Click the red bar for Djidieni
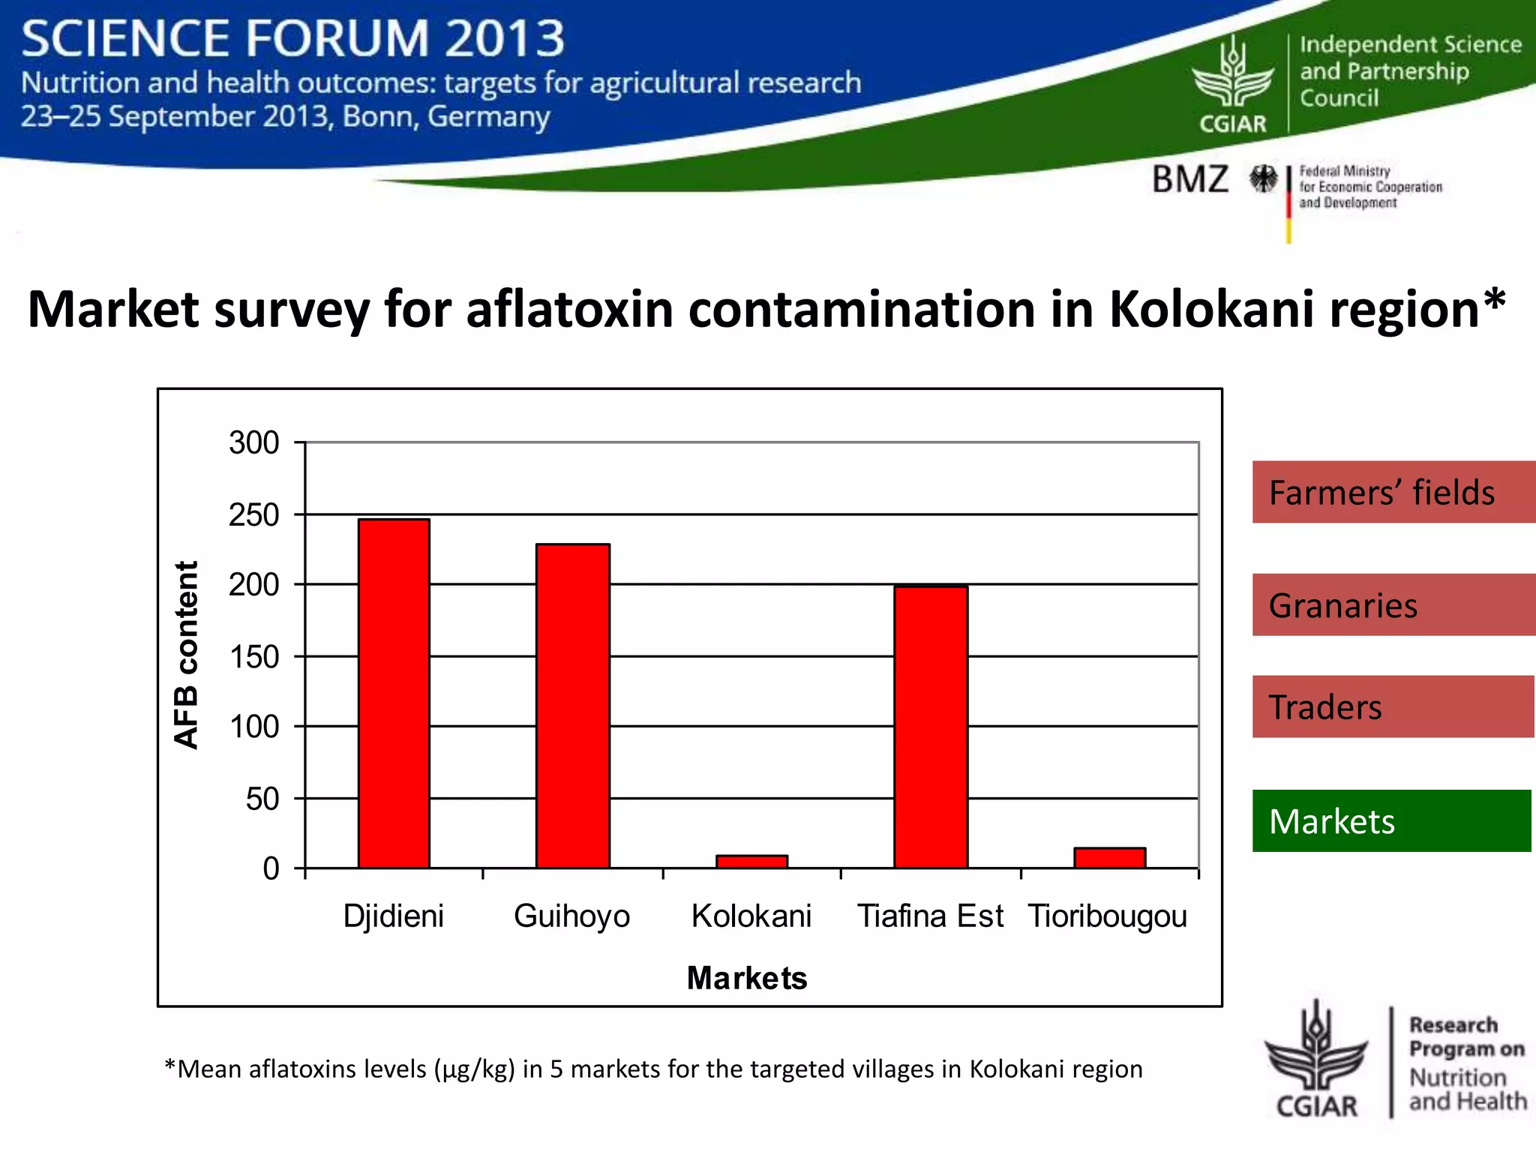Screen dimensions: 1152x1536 394,694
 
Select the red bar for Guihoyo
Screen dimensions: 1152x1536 572,706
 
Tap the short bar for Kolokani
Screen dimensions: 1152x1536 751,861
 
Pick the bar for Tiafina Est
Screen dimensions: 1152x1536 931,727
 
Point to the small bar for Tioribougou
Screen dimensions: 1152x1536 1109,857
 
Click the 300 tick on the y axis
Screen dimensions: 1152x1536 254,442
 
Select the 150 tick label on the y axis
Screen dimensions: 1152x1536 254,657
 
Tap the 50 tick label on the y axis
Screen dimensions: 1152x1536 262,799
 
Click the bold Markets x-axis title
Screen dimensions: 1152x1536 747,978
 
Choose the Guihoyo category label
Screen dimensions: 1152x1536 571,916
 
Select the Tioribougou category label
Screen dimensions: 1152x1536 1108,916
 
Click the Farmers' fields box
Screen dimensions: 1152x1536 1393,492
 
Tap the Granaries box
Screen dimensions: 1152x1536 1393,604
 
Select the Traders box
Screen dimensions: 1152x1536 1393,706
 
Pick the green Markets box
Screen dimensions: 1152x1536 1391,820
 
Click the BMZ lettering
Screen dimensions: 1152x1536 1190,179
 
